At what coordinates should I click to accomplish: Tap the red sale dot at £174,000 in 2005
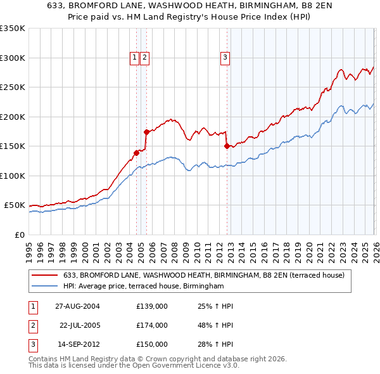[146, 132]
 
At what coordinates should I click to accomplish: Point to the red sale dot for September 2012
[226, 146]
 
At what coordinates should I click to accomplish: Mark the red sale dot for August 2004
[136, 153]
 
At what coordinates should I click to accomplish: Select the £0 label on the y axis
[20, 235]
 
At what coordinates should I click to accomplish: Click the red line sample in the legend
[46, 275]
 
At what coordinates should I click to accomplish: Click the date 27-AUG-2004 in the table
[78, 306]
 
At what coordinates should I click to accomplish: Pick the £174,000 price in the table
[152, 325]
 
